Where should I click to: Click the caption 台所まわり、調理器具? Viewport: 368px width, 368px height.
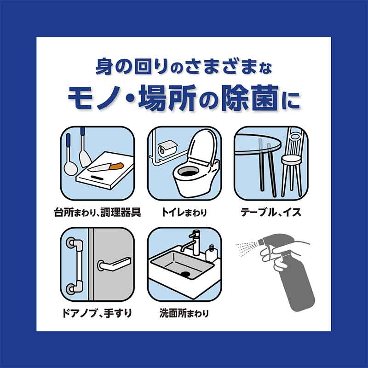pyautogui.click(x=98, y=213)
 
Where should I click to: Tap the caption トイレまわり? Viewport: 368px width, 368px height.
pyautogui.click(x=184, y=213)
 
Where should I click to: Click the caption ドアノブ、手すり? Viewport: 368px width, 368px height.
pyautogui.click(x=98, y=314)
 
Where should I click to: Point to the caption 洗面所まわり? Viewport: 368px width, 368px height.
pyautogui.click(x=184, y=314)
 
